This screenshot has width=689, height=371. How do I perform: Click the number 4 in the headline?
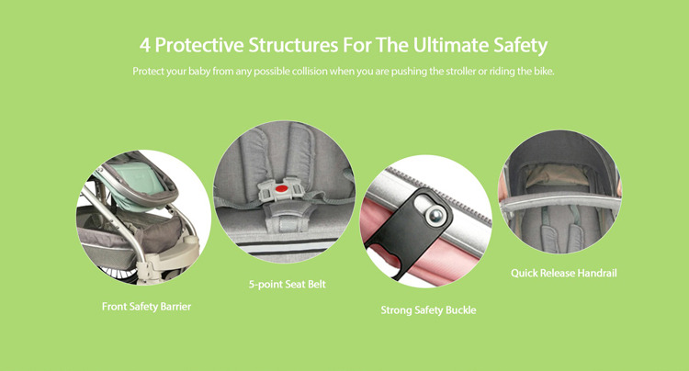tap(145, 45)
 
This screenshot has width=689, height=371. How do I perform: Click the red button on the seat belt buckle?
tap(282, 189)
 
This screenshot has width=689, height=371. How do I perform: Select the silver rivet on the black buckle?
tap(435, 215)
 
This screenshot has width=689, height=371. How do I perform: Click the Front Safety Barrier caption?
tap(146, 307)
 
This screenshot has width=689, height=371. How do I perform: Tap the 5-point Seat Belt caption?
tap(287, 284)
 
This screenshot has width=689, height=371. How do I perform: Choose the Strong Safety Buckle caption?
tap(428, 310)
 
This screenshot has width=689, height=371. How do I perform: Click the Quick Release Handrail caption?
tap(564, 273)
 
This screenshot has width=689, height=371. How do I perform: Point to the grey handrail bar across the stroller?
tap(559, 201)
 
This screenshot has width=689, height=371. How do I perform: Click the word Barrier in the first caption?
tap(175, 307)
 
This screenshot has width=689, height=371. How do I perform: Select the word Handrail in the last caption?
tap(597, 273)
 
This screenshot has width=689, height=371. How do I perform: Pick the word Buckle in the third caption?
tap(460, 310)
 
